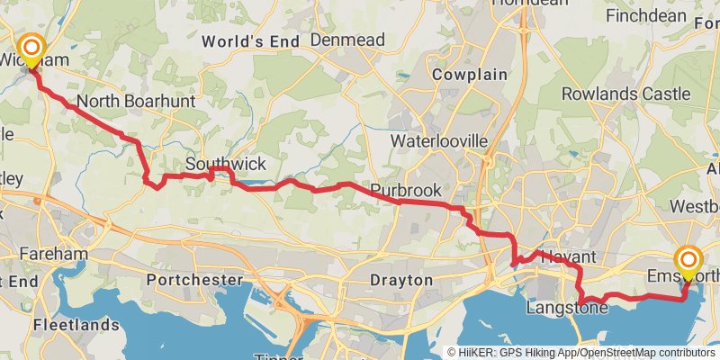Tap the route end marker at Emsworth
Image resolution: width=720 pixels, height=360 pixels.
[689, 261]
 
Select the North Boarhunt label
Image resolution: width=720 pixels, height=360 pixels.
[136, 102]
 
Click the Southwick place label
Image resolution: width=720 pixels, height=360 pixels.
[226, 164]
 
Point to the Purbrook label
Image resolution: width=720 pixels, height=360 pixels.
[405, 191]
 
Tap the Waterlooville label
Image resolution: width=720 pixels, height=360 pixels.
[438, 141]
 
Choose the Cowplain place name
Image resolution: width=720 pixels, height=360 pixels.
[469, 75]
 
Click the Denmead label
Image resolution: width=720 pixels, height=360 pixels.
[347, 40]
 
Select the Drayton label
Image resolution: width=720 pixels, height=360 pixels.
[401, 280]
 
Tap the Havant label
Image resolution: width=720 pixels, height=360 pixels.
[569, 257]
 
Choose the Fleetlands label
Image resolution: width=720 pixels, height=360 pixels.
[76, 324]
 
